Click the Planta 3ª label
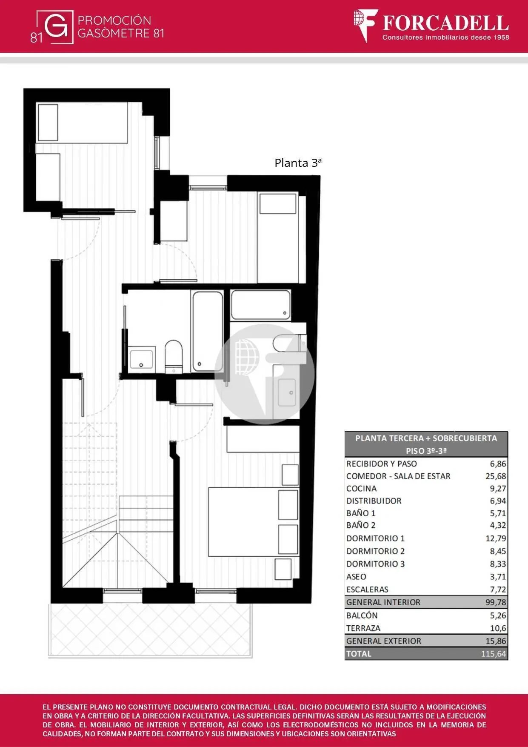click(x=298, y=163)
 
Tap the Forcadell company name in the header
click(x=445, y=23)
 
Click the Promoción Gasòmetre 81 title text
click(x=121, y=27)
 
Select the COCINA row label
click(x=361, y=489)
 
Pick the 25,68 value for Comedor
click(x=496, y=476)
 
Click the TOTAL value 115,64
click(x=494, y=654)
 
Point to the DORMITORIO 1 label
click(x=375, y=538)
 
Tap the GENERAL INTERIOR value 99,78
click(x=496, y=602)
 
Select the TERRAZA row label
click(x=363, y=628)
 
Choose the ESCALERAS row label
click(x=367, y=590)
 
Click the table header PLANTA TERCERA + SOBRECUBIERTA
click(x=426, y=438)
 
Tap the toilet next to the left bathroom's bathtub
click(x=173, y=356)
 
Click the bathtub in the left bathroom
click(x=208, y=331)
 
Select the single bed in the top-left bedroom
click(x=82, y=122)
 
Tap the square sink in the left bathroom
click(x=141, y=360)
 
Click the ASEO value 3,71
click(x=498, y=577)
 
